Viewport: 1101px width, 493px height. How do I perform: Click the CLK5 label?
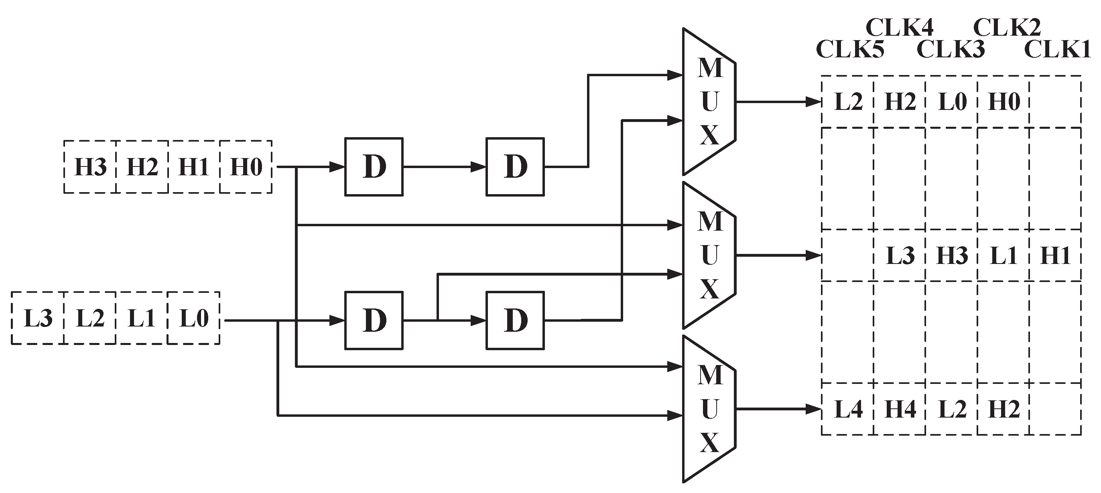pos(850,50)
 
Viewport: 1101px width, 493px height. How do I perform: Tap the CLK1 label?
pos(1057,50)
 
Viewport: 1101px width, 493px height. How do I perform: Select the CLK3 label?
pos(951,50)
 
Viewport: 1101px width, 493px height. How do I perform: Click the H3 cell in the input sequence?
pos(90,167)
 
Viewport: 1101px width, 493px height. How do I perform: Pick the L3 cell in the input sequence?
pos(38,318)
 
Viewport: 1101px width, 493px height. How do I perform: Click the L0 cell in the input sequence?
pos(194,318)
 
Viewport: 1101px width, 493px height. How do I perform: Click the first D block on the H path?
pos(374,167)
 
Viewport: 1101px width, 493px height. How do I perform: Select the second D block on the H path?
pos(515,167)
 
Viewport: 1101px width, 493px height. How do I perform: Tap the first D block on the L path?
pos(374,321)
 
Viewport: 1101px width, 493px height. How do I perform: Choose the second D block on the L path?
pos(515,321)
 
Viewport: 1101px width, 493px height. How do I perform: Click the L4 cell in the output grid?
pos(848,410)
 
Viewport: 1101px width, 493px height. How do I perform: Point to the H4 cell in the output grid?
pos(900,410)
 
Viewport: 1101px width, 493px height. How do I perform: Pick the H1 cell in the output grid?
pos(1055,256)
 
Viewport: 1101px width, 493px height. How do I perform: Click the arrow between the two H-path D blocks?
pos(445,167)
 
